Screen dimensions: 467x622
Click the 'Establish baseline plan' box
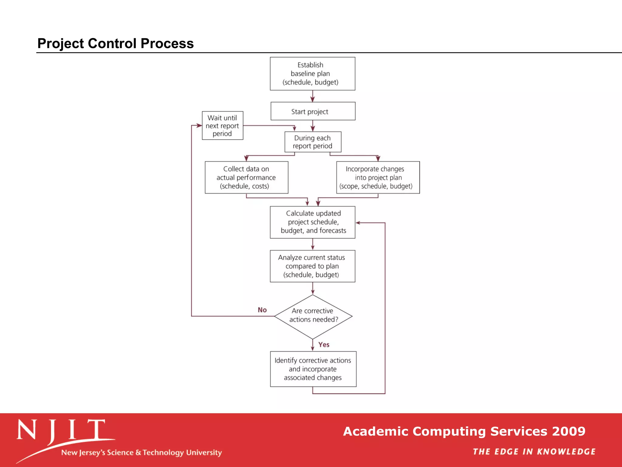313,74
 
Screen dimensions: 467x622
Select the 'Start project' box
313,111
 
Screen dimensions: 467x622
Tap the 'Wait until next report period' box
223,126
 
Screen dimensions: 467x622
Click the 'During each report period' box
313,142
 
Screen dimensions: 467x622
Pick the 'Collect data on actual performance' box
246,178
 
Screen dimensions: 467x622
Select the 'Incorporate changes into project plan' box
378,178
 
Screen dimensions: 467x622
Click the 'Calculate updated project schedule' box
313,222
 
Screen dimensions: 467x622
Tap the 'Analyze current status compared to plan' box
313,266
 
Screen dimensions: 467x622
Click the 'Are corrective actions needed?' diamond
313,316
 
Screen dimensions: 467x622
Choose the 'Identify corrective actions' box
313,369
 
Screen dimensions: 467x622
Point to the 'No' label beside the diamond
262,310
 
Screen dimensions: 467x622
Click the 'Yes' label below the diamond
324,344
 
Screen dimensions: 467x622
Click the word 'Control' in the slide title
114,43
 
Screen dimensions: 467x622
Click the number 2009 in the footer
569,431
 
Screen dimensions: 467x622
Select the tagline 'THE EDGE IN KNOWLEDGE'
534,452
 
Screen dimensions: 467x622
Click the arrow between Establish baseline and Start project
313,96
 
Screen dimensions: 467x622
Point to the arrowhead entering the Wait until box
199,126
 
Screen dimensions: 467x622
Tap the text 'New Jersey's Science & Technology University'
142,453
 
